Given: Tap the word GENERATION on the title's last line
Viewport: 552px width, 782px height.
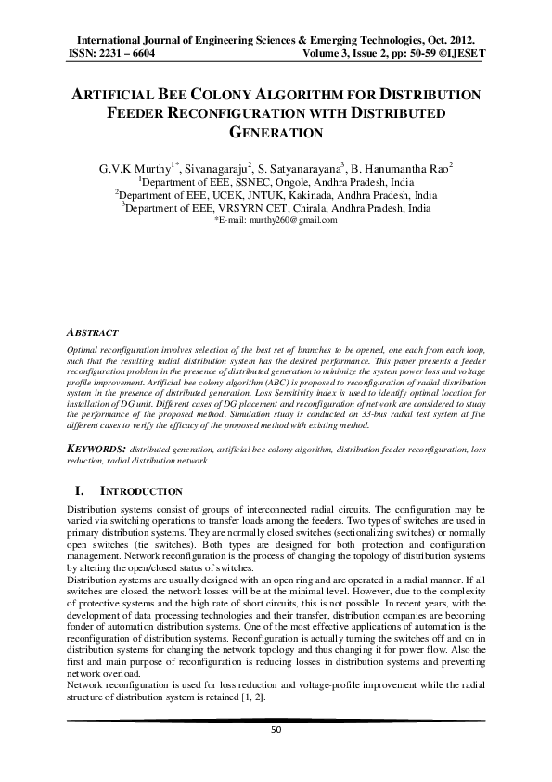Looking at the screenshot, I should tap(276, 133).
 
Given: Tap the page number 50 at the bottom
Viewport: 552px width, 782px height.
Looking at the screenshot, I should tap(276, 731).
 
